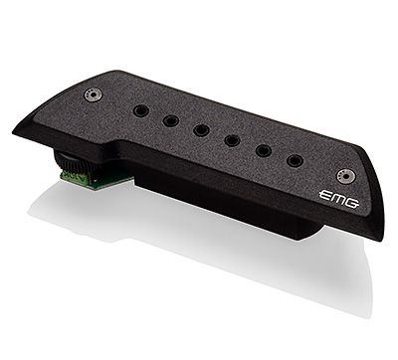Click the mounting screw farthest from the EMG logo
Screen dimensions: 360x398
coord(94,94)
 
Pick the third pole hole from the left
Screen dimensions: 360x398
coord(202,129)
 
